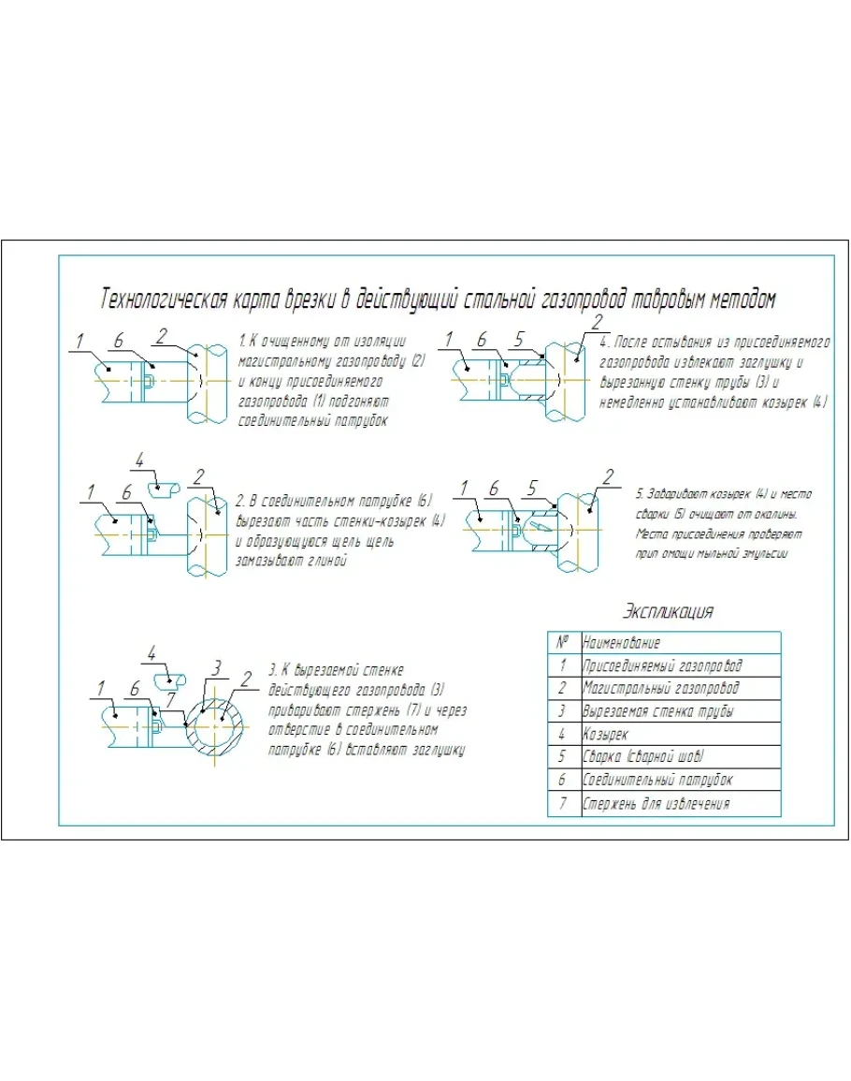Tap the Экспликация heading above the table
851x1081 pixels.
(x=668, y=612)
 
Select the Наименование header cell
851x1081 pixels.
(x=621, y=643)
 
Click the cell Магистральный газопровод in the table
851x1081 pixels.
(x=660, y=688)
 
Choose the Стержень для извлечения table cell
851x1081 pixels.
(x=656, y=803)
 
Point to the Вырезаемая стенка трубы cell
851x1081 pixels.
(x=657, y=711)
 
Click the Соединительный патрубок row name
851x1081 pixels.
(x=657, y=780)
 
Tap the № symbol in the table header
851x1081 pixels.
(x=563, y=643)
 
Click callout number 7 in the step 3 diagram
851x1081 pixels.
(x=170, y=697)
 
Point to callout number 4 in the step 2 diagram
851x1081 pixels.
(x=139, y=460)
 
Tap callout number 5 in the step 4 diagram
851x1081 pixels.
(x=521, y=340)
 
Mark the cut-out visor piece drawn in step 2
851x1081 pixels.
(x=167, y=487)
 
